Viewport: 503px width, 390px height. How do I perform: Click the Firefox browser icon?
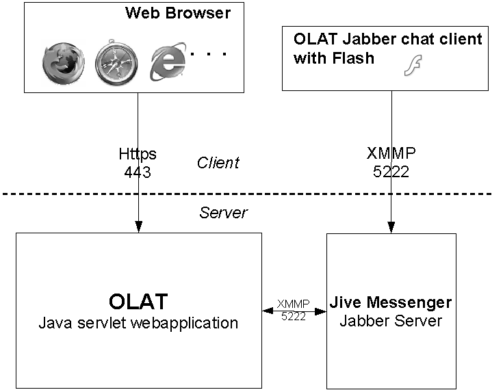[x=62, y=64]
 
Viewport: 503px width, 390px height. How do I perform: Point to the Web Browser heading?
[x=178, y=13]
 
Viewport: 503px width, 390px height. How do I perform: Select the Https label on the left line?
[x=138, y=154]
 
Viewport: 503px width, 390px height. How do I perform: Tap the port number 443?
[x=138, y=172]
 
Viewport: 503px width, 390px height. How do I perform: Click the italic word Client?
[x=218, y=163]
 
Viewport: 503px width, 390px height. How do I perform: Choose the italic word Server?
[x=223, y=213]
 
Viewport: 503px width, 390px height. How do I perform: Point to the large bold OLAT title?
[x=138, y=301]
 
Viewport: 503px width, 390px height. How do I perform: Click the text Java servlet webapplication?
[x=138, y=322]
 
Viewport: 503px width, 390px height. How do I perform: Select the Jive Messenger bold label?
[x=391, y=302]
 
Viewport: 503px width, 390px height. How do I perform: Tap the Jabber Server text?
[x=391, y=320]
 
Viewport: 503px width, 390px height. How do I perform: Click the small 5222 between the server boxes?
[x=294, y=317]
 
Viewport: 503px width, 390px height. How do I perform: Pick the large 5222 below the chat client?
[x=391, y=172]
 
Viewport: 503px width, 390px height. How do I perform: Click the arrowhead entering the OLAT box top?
[x=138, y=228]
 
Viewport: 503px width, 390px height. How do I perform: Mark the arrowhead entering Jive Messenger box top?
[x=391, y=229]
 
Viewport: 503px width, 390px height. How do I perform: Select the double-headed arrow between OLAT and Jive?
[x=294, y=311]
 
